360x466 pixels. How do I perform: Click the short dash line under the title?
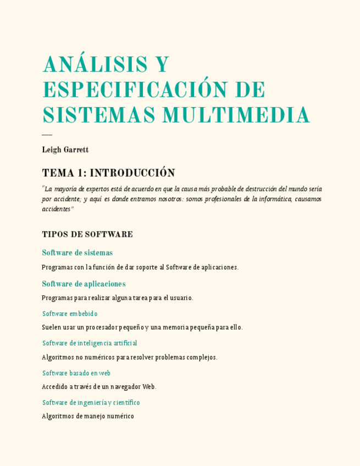[47, 135]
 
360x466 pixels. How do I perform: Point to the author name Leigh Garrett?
[65, 149]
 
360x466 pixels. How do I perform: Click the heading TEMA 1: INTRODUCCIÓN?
[108, 173]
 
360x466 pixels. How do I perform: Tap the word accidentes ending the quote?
[56, 209]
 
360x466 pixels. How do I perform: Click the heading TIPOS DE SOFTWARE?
[87, 235]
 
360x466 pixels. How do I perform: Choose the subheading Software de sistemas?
[77, 253]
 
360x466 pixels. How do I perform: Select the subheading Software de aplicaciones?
[84, 284]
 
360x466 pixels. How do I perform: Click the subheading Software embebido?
[70, 314]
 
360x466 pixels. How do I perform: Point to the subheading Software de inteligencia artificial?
[90, 343]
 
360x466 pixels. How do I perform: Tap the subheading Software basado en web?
[76, 373]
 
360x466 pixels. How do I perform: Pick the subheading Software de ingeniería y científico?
[91, 403]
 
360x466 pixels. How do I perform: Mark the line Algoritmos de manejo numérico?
[88, 417]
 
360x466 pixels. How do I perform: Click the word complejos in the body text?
[202, 357]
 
